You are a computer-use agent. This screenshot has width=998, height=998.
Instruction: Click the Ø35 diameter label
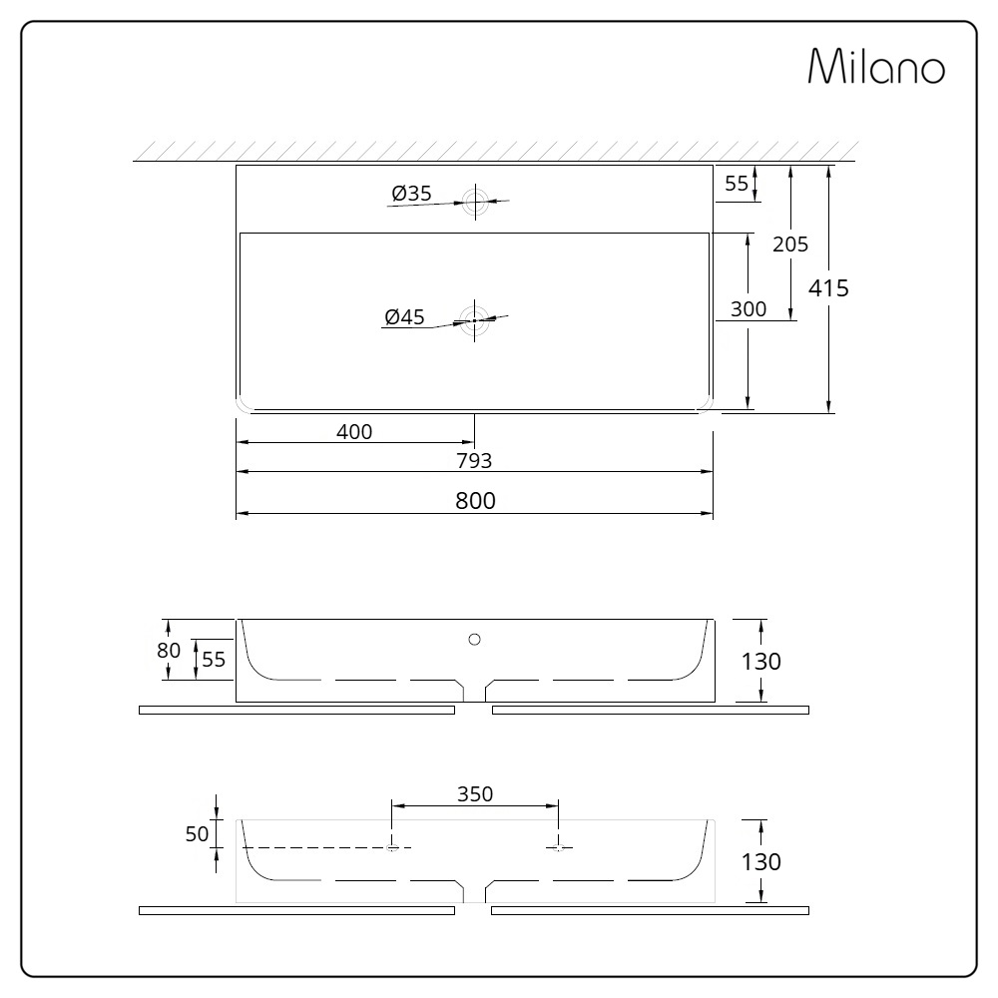[411, 194]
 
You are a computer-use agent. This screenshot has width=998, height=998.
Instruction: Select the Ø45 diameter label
[404, 317]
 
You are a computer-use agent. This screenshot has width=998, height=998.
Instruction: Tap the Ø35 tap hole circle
[475, 202]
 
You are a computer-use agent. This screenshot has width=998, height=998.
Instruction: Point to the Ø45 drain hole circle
[475, 320]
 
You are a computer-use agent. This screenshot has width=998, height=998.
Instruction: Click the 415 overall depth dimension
[828, 288]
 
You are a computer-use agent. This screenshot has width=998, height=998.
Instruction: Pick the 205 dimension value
[790, 244]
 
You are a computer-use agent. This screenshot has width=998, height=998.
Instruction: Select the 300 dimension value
[748, 309]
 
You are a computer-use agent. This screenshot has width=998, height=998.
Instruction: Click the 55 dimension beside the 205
[737, 183]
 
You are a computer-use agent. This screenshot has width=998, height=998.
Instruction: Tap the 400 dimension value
[354, 431]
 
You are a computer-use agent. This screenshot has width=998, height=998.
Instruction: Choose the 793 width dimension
[475, 460]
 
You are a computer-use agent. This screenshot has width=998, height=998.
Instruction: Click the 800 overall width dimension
[475, 501]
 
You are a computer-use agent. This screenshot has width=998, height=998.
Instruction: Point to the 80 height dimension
[170, 650]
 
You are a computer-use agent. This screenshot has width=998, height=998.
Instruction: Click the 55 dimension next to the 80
[214, 659]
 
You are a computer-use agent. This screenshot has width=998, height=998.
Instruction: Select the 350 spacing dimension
[475, 793]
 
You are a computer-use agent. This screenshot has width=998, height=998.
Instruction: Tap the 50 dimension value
[197, 834]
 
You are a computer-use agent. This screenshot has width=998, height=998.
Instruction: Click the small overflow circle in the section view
[475, 638]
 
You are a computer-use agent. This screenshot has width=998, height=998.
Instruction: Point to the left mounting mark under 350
[392, 846]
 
